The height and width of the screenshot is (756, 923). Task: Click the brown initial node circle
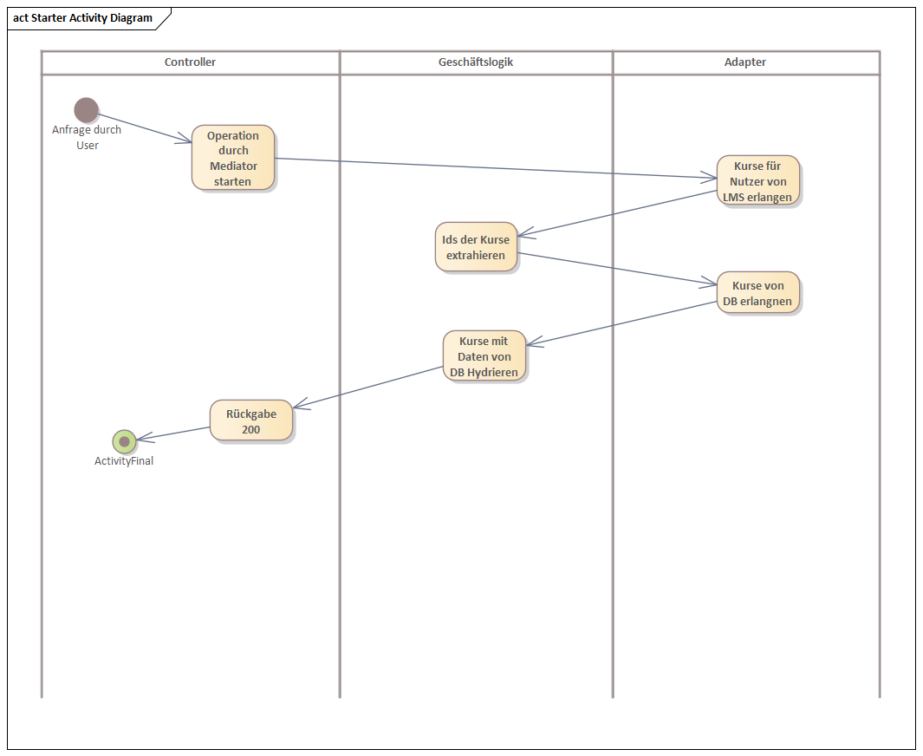coord(86,110)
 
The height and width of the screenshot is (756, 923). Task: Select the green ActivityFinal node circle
coord(124,441)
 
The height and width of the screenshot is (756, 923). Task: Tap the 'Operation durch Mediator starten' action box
coord(233,158)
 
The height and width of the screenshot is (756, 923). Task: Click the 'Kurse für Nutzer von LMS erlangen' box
coord(757,181)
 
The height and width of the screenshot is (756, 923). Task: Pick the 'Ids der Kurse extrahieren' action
coord(476,247)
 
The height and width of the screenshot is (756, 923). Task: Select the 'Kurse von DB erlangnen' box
coord(757,294)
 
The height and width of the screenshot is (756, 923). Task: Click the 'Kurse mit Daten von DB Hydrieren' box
coord(484,356)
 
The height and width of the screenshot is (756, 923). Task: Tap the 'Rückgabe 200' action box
coord(251,421)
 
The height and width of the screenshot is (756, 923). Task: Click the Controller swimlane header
coord(190,62)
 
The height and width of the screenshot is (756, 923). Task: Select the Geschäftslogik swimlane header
coord(476,62)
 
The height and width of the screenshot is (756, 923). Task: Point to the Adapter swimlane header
coord(745,62)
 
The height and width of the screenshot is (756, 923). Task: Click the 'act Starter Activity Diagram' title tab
coord(83,18)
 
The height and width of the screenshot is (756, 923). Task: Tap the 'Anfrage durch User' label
coord(87,138)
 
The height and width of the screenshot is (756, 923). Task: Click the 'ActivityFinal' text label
coord(124,461)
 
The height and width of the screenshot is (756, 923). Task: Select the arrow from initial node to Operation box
coord(144,127)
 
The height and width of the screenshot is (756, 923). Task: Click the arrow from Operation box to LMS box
coord(494,168)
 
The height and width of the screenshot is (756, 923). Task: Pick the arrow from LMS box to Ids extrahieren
coord(620,214)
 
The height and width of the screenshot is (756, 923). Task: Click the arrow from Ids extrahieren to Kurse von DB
coord(617,268)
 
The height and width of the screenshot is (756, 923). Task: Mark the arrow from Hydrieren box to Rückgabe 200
coord(368,387)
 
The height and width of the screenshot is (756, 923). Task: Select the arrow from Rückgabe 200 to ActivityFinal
coord(174,433)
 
